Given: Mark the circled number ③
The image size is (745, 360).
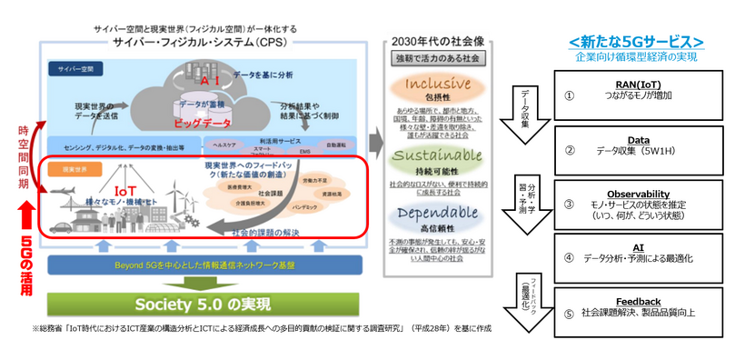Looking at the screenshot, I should [569, 204].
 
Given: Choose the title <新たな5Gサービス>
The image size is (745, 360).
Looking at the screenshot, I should [636, 42].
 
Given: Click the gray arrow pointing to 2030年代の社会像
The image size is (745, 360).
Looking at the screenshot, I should [372, 144].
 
